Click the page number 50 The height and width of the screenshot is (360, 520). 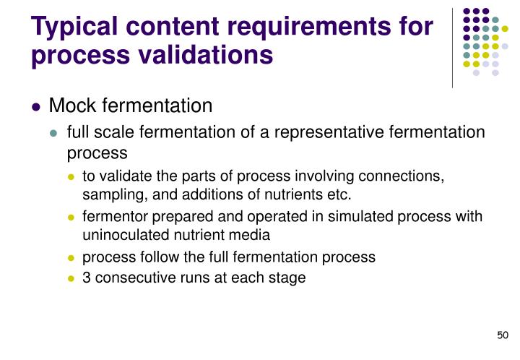coord(503,335)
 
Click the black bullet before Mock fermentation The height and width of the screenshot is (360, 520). coord(36,107)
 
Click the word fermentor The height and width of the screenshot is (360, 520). coord(114,217)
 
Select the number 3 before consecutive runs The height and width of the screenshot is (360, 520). coord(87,278)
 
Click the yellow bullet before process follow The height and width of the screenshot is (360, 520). coord(71,257)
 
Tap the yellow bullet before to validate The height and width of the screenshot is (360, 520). coord(71,177)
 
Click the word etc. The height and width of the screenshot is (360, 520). coord(339,194)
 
